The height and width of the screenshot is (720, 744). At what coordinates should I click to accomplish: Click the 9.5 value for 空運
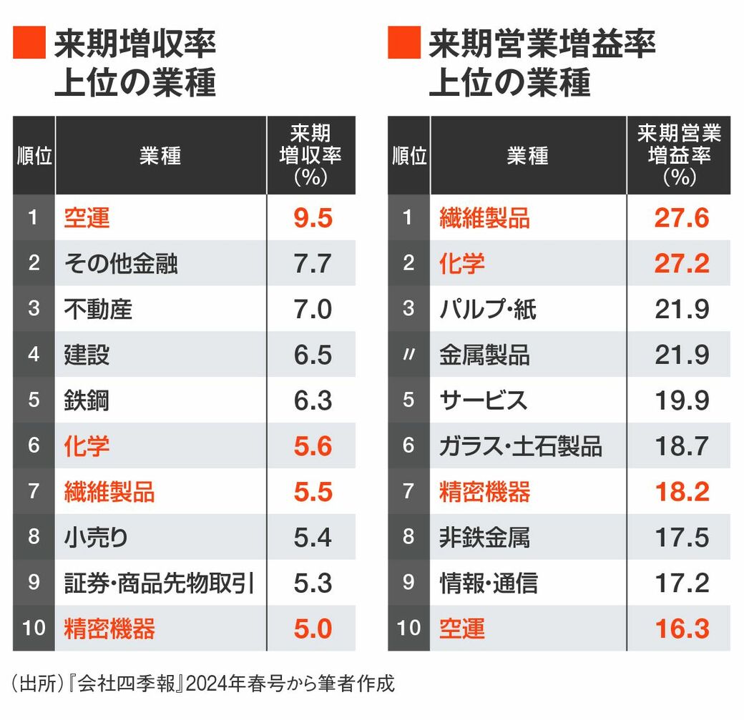pyautogui.click(x=313, y=218)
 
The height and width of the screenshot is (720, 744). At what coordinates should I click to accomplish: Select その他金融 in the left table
pyautogui.click(x=120, y=264)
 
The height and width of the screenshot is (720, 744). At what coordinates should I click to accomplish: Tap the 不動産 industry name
pyautogui.click(x=98, y=310)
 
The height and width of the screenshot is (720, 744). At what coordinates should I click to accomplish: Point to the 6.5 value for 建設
pyautogui.click(x=313, y=355)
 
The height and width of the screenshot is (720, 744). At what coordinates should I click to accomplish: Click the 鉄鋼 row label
pyautogui.click(x=87, y=400)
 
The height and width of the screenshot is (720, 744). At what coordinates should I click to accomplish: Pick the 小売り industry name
pyautogui.click(x=97, y=537)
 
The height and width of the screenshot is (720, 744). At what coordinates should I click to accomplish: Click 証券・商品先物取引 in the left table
pyautogui.click(x=159, y=583)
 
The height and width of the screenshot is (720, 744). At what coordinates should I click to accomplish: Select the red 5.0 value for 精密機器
pyautogui.click(x=313, y=628)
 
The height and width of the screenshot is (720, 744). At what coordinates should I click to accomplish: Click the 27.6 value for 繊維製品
pyautogui.click(x=681, y=218)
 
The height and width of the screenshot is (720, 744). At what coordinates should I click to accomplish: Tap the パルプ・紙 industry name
pyautogui.click(x=487, y=310)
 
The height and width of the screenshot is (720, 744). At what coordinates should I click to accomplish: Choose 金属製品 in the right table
pyautogui.click(x=484, y=355)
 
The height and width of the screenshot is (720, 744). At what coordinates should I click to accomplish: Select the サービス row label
pyautogui.click(x=483, y=400)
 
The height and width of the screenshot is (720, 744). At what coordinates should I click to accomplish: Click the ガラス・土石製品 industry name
pyautogui.click(x=520, y=446)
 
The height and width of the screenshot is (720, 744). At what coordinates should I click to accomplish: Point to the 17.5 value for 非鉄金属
pyautogui.click(x=681, y=537)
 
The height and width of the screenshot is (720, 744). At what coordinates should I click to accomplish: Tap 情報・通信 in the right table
pyautogui.click(x=488, y=583)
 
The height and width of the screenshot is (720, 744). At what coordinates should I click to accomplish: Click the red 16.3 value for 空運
pyautogui.click(x=681, y=628)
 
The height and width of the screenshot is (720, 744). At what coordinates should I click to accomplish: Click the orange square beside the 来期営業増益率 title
pyautogui.click(x=403, y=44)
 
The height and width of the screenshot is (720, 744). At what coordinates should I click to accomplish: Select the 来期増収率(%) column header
pyautogui.click(x=310, y=155)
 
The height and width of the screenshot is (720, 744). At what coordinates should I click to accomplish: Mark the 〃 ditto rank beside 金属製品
pyautogui.click(x=408, y=355)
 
